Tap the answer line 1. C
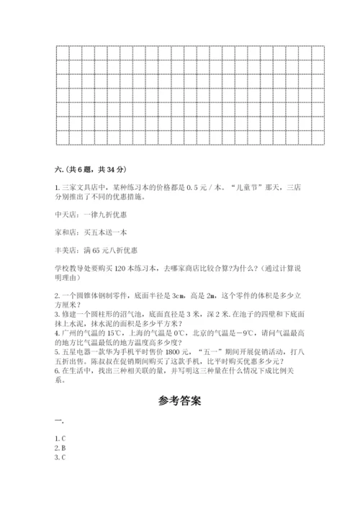pos(60,438)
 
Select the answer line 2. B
pos(60,447)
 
